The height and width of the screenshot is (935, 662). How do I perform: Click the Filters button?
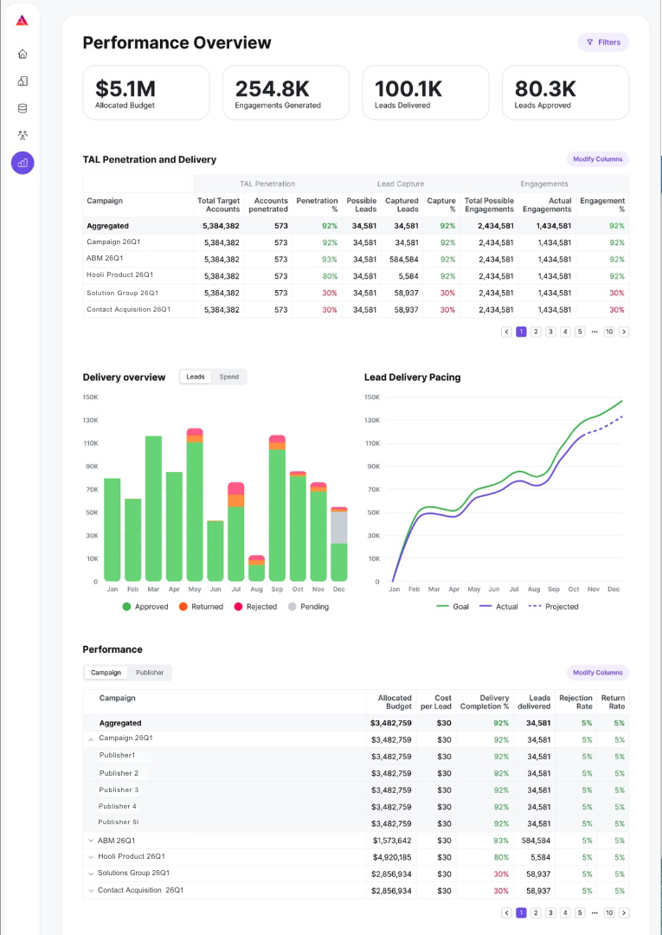[x=603, y=42]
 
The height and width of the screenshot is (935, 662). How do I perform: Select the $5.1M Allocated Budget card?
[x=146, y=93]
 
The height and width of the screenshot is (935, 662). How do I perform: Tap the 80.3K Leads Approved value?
[x=545, y=89]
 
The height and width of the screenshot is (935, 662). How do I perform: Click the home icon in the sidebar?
[x=22, y=55]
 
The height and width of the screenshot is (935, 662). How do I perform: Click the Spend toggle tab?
[x=228, y=377]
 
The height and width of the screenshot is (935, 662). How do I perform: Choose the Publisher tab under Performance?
[x=150, y=673]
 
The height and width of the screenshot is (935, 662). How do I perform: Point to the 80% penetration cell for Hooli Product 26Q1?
[x=330, y=276]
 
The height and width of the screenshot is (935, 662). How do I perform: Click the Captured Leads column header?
[x=402, y=205]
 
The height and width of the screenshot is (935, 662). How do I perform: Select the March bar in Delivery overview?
[x=154, y=509]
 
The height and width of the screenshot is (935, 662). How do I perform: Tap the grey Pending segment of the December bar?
[x=339, y=528]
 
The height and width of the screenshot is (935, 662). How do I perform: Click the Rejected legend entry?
[x=255, y=606]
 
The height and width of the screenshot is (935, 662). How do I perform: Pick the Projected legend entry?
[x=554, y=606]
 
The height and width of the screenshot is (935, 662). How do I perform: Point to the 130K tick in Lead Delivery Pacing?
[x=372, y=421]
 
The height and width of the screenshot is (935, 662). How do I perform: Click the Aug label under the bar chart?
[x=257, y=590]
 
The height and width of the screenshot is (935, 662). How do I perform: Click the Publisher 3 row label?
[x=119, y=790]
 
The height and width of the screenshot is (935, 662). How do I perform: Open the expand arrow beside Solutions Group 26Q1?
[x=91, y=874]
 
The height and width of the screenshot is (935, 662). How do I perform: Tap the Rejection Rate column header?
[x=575, y=702]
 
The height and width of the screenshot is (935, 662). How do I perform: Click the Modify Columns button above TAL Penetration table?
[x=598, y=159]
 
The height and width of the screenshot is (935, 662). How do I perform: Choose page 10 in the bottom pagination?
[x=609, y=913]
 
